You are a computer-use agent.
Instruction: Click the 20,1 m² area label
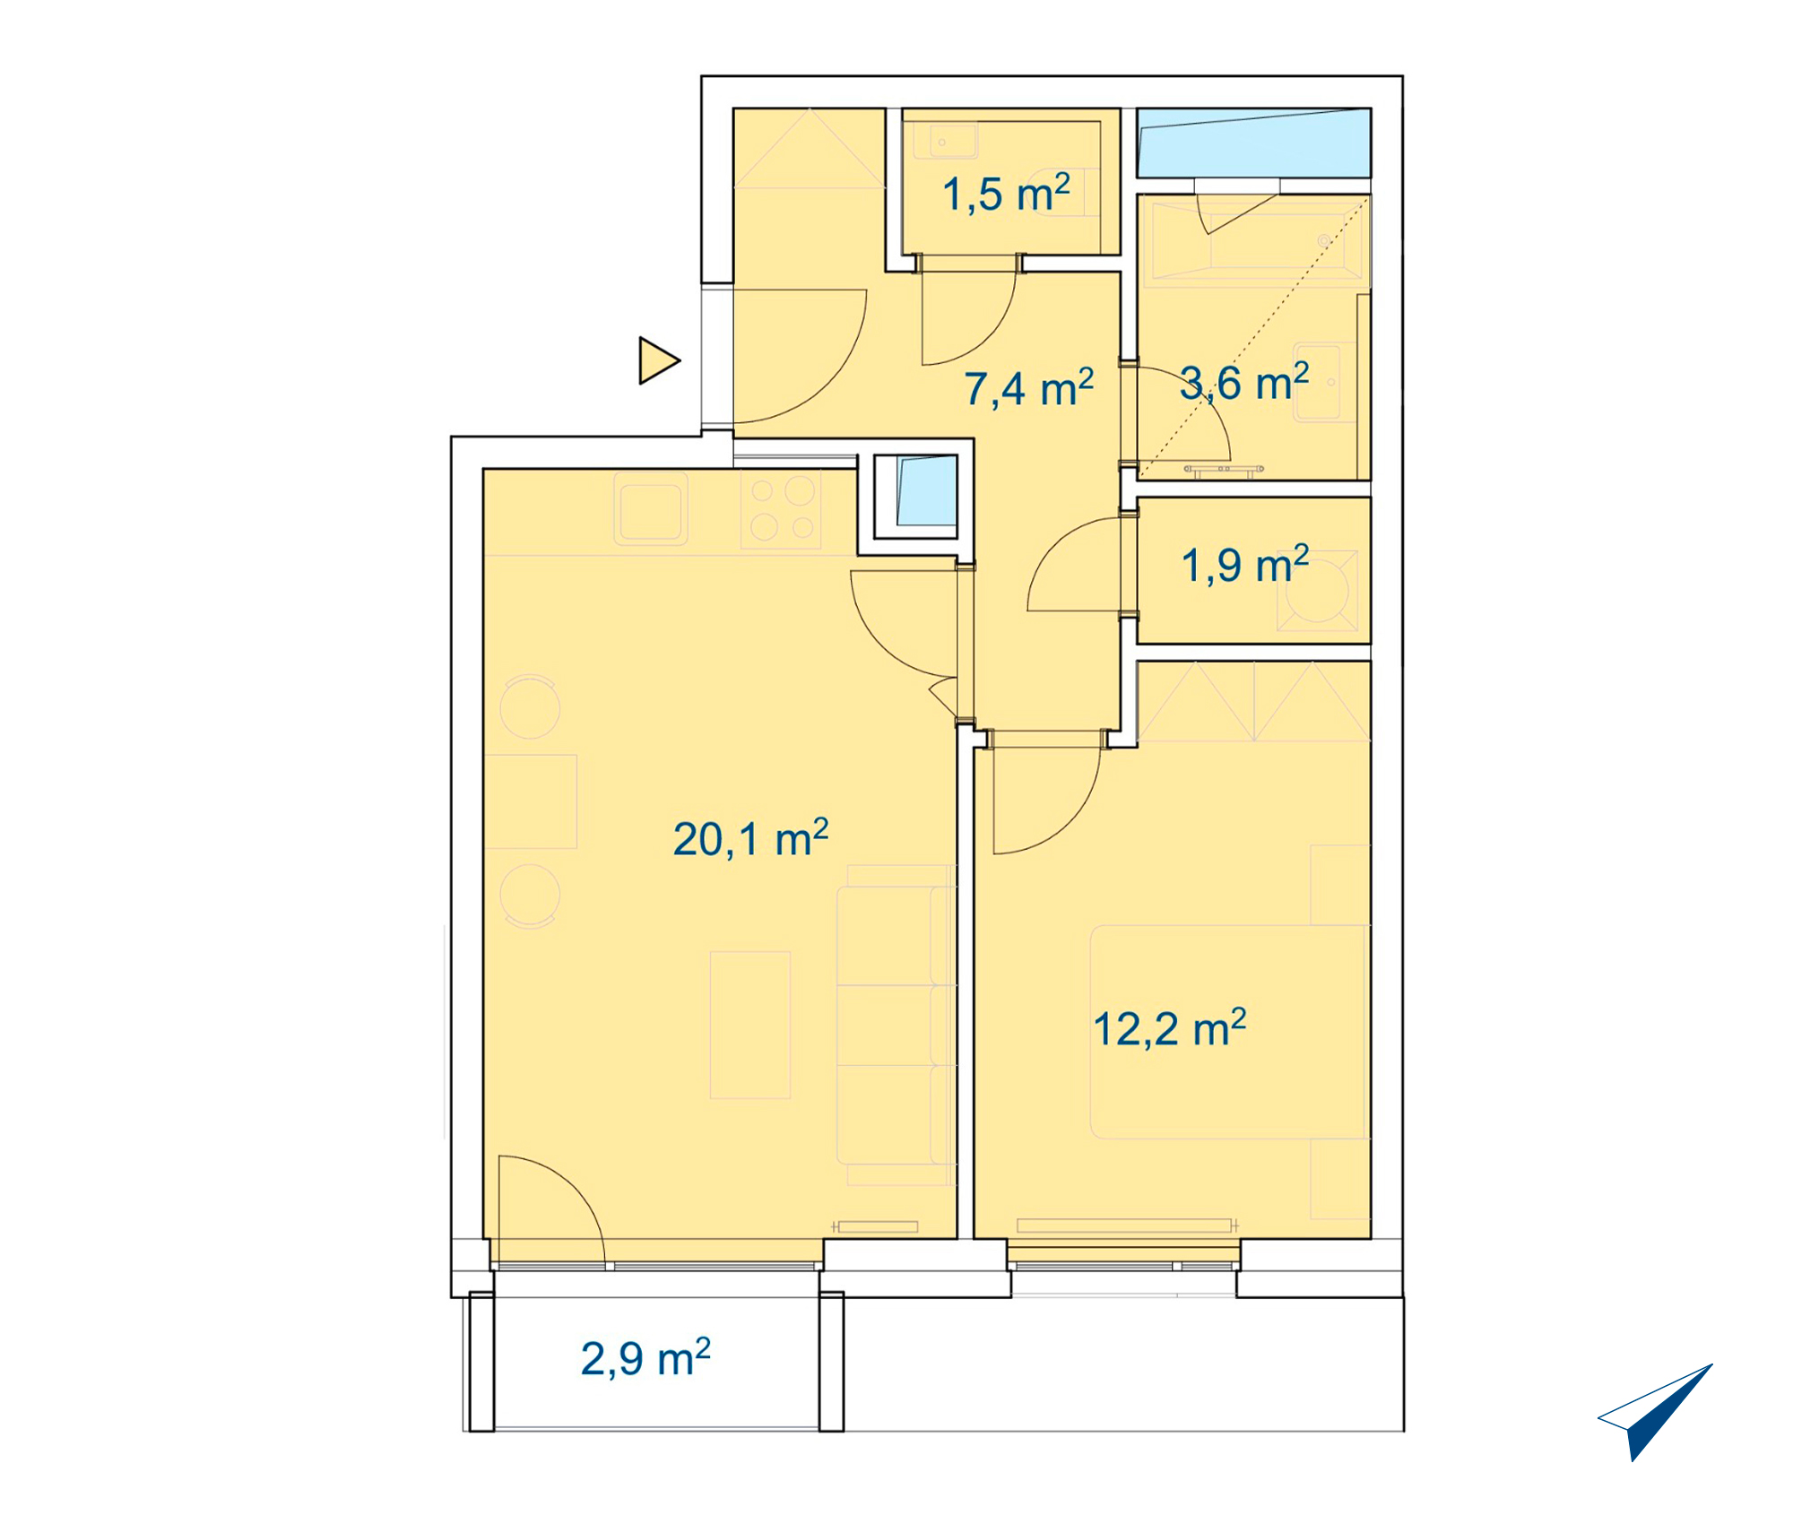(750, 838)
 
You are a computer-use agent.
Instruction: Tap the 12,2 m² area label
(1169, 1027)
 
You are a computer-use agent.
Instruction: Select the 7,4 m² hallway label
(1028, 388)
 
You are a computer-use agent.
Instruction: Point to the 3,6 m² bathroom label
(1244, 382)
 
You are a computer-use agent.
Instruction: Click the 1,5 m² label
(1006, 194)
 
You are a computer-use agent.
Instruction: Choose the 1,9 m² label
(1245, 565)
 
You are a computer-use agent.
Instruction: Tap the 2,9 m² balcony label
(645, 1358)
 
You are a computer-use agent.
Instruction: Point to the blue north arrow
(1655, 1412)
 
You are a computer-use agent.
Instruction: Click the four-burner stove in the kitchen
(780, 509)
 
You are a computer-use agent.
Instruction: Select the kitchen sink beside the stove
(651, 509)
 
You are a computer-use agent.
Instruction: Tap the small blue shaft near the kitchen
(926, 490)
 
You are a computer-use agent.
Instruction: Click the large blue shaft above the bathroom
(1253, 143)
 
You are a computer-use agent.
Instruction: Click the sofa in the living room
(896, 1026)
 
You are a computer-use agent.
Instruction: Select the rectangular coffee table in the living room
(750, 1026)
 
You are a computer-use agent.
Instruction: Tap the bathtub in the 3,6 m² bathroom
(1253, 242)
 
